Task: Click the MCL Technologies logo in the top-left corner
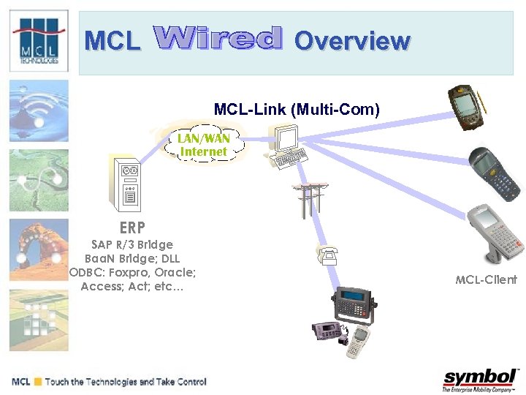click(39, 42)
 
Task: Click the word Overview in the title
click(351, 41)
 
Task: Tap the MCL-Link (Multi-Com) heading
click(297, 110)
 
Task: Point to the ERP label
click(132, 227)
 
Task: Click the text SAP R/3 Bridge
click(132, 244)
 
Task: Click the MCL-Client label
click(486, 279)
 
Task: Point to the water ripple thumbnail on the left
click(39, 110)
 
